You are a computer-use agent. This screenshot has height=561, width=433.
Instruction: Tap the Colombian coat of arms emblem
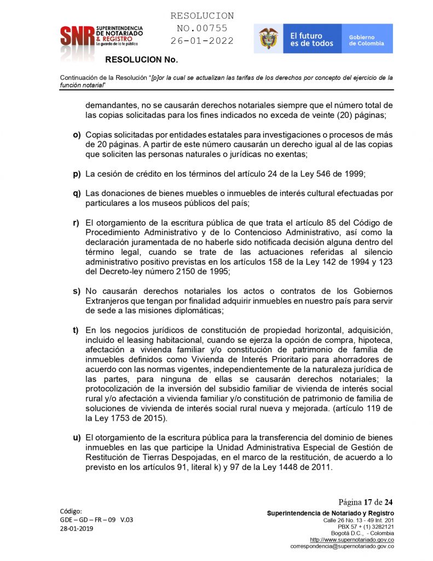point(268,38)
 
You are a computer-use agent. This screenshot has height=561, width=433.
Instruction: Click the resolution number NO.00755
point(202,28)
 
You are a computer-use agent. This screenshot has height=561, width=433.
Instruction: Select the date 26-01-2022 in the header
point(202,41)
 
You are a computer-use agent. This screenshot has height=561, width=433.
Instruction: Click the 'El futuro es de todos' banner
point(311,38)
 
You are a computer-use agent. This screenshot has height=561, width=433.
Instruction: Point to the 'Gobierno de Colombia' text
point(366,39)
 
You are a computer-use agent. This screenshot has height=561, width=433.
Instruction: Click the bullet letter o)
point(77,135)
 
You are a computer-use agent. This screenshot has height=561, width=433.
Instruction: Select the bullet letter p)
point(77,174)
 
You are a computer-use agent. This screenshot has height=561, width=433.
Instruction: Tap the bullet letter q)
point(77,193)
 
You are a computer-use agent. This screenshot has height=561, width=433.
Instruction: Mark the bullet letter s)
point(77,290)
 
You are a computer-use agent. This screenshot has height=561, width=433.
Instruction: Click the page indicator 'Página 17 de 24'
point(365,502)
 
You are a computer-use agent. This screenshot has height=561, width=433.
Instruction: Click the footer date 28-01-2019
point(77,529)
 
